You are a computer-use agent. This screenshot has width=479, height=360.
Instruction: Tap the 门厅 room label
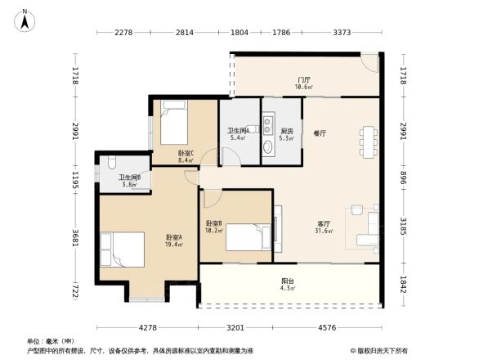point(303,79)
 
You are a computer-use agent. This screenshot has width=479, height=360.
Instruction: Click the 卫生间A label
point(239,130)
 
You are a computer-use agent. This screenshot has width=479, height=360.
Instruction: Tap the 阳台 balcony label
point(287,281)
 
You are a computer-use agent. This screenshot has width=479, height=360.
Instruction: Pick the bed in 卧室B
point(248,236)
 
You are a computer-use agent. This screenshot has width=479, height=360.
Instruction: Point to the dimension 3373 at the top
point(343,33)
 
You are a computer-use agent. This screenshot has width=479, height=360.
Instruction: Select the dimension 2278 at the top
point(123,33)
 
